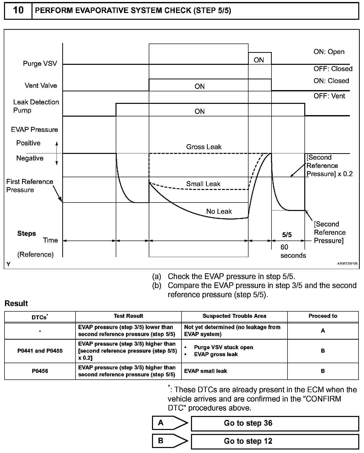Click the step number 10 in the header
click(18, 11)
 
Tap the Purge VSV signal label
click(40, 64)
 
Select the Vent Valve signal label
click(41, 86)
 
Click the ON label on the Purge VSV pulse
click(259, 60)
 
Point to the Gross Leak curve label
click(204, 147)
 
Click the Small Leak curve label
click(203, 184)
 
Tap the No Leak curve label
click(219, 211)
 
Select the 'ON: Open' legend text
click(329, 52)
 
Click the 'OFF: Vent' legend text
click(329, 96)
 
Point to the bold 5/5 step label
click(287, 235)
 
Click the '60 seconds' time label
click(293, 251)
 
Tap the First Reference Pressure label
click(29, 186)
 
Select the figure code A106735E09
click(347, 264)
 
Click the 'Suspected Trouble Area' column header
click(234, 316)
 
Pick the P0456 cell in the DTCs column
click(40, 371)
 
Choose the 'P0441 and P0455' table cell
click(40, 351)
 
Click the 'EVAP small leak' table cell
click(205, 371)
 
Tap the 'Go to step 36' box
click(275, 423)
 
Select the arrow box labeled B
click(170, 441)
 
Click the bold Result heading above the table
click(16, 304)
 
